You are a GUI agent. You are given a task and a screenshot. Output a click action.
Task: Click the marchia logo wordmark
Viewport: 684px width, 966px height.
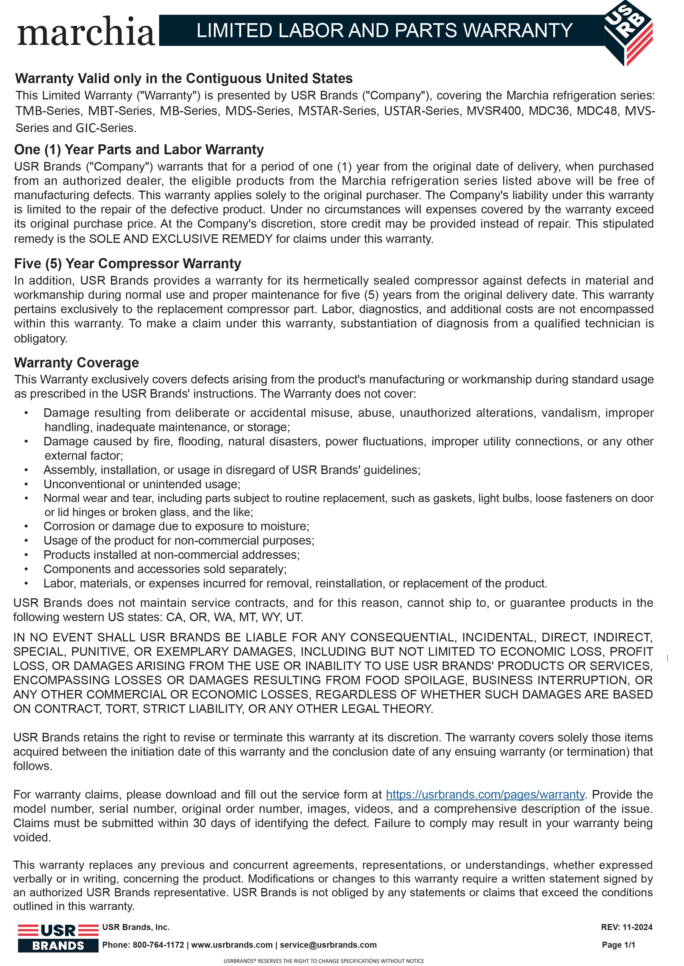point(86,31)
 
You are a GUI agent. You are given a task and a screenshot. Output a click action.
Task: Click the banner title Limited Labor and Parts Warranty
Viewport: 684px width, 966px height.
point(384,31)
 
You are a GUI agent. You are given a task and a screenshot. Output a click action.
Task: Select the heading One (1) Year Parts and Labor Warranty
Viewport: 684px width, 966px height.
point(139,150)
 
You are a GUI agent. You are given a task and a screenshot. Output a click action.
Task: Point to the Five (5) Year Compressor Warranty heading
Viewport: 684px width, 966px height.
point(128,264)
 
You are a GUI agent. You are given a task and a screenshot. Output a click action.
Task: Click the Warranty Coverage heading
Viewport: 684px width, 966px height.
point(76,363)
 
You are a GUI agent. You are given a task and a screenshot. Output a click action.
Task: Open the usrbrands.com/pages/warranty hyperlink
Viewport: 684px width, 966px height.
point(485,794)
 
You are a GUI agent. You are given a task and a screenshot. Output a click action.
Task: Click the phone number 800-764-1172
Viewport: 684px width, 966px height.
point(158,945)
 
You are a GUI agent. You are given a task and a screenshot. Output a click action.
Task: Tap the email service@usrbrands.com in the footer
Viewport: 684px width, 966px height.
point(328,945)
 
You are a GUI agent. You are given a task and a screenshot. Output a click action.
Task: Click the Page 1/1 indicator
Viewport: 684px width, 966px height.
point(618,945)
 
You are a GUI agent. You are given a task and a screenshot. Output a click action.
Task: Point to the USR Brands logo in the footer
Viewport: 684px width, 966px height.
point(58,937)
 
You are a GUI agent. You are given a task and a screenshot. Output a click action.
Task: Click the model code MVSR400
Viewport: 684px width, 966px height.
point(494,111)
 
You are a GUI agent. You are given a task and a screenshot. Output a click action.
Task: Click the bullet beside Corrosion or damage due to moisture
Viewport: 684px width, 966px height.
point(26,526)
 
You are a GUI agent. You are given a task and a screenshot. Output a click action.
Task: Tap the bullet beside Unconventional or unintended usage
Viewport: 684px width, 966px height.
point(26,484)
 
